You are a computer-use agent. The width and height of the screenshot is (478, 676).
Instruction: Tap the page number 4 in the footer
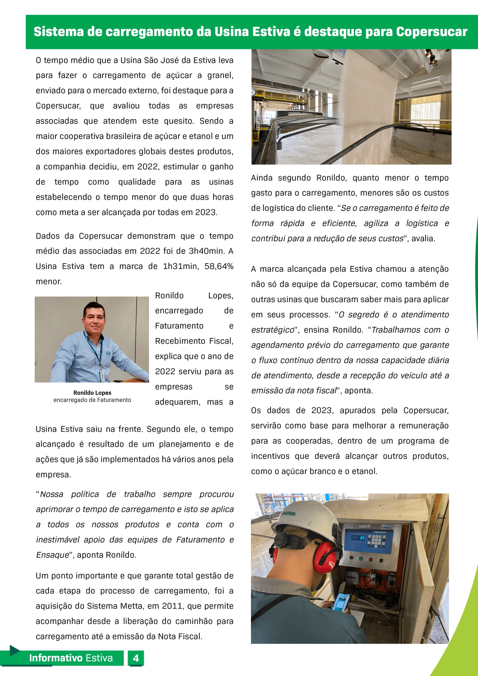pyautogui.click(x=136, y=658)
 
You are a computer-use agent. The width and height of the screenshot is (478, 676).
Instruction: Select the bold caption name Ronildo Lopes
pyautogui.click(x=92, y=393)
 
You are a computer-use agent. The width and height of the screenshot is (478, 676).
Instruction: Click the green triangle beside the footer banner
pyautogui.click(x=14, y=651)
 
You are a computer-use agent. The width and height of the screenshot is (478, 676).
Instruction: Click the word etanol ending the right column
pyautogui.click(x=364, y=471)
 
